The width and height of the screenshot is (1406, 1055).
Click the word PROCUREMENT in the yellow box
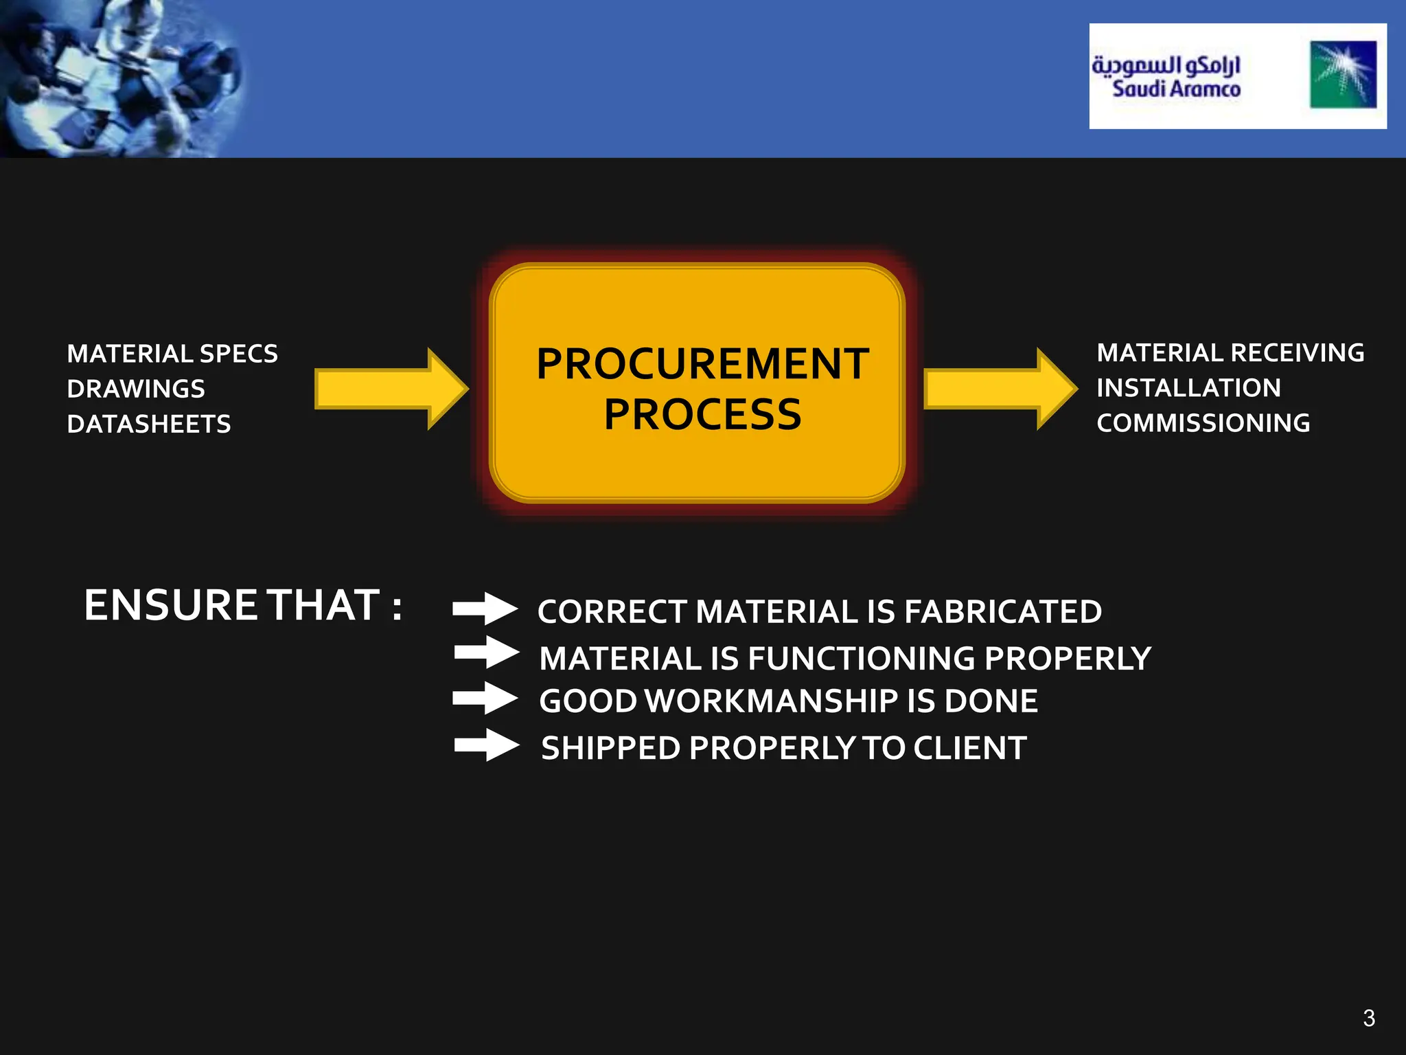coord(702,363)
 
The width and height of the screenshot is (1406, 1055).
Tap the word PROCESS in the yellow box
coord(702,414)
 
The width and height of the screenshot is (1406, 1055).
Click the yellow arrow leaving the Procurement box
coord(999,389)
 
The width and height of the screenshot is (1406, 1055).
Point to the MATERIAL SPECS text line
coord(172,354)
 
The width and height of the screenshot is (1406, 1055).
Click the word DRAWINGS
coord(136,389)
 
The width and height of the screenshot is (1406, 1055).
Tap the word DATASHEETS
coord(149,424)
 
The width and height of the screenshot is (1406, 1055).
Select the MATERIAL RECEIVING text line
coord(1230,353)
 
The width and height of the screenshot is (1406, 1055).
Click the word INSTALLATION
coord(1188,388)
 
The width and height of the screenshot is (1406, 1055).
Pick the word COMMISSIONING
coord(1203,423)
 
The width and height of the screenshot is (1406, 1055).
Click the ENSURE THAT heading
coord(243,605)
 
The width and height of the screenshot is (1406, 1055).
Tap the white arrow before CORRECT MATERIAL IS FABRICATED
coord(485,609)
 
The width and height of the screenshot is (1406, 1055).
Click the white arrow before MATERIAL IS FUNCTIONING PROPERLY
coord(486,652)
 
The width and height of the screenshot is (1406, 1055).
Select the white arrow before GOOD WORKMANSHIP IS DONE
coord(485,698)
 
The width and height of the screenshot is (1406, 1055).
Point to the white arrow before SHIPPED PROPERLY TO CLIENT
coord(486,745)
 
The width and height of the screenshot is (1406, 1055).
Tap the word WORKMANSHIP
coord(772,701)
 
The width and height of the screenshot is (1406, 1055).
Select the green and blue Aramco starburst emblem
coord(1343,75)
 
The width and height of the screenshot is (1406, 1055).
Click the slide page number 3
coord(1369,1018)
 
